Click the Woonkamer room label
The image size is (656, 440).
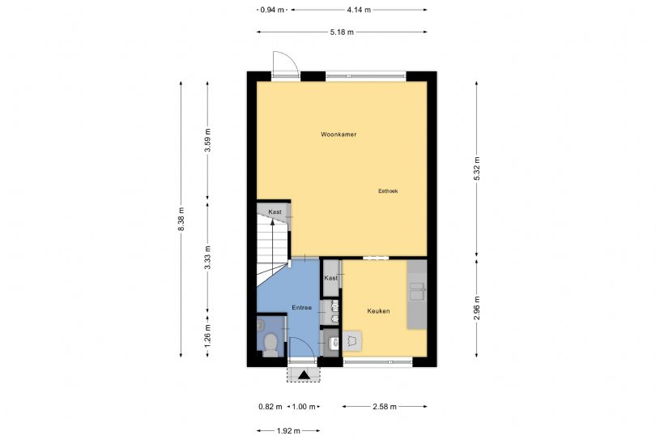(339, 135)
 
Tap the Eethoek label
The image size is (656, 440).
(388, 191)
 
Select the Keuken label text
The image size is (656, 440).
(378, 311)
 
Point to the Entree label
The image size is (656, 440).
(301, 308)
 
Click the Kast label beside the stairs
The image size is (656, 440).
(275, 211)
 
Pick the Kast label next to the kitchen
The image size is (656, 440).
(330, 278)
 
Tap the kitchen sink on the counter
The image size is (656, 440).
(417, 292)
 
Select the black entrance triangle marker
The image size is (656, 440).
(304, 375)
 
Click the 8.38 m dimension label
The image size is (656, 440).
(181, 219)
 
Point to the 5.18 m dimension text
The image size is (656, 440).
(342, 32)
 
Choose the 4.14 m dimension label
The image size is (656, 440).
(359, 10)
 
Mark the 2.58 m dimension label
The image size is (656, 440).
(385, 407)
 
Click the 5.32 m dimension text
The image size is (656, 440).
(476, 169)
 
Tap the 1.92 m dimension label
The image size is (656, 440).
(288, 431)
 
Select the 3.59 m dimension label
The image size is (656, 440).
(208, 141)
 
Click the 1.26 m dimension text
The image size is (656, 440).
(208, 336)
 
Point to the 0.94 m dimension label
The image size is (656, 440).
(272, 10)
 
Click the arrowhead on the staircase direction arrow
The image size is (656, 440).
(272, 222)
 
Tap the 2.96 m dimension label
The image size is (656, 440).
(476, 308)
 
